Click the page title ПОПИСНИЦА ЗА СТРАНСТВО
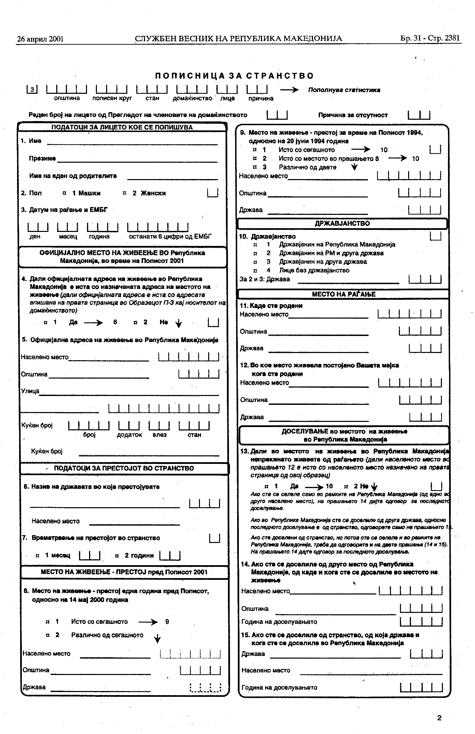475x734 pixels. click(x=234, y=76)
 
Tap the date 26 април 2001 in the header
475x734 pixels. click(x=40, y=39)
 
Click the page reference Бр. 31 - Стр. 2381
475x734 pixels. click(x=430, y=38)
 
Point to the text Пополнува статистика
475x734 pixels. click(x=344, y=90)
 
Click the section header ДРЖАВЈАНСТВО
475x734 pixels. click(x=342, y=224)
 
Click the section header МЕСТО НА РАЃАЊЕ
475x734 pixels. click(x=343, y=294)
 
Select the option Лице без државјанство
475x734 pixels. click(x=314, y=270)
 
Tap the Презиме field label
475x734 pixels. click(x=42, y=159)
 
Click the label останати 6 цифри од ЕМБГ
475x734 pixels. click(x=170, y=237)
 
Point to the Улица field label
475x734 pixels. click(x=30, y=391)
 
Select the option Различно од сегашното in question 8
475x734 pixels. click(x=107, y=635)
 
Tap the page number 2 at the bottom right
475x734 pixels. click(x=439, y=718)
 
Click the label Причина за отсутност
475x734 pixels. click(x=353, y=115)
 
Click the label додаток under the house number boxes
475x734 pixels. click(x=129, y=435)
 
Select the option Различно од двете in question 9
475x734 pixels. click(x=307, y=167)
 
